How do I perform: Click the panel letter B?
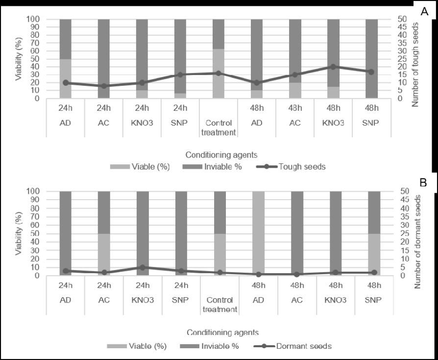(424, 183)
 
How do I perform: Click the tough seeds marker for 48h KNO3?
(333, 67)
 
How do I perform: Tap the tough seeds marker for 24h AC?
(103, 86)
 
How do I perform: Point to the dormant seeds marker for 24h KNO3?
(142, 267)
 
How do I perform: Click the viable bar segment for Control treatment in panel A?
(219, 74)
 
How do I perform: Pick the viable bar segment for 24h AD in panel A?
(66, 78)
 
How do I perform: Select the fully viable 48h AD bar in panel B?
(257, 233)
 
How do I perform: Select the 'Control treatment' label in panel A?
(219, 128)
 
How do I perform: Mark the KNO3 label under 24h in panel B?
(142, 300)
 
